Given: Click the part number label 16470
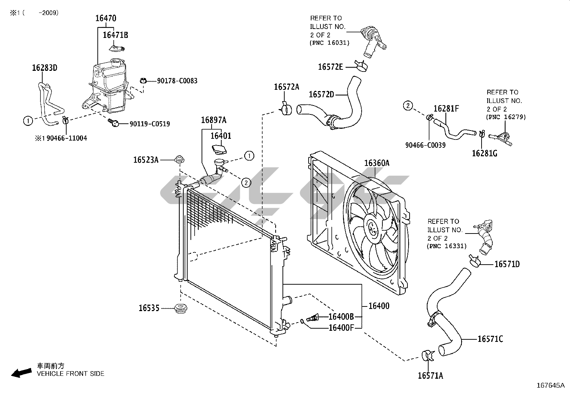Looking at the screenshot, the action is (x=106, y=18).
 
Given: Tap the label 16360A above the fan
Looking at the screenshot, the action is (x=377, y=163).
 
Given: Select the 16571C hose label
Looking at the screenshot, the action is (x=491, y=339).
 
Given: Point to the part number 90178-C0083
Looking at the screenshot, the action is (x=177, y=81).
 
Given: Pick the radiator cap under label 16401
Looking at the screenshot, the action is (x=219, y=149).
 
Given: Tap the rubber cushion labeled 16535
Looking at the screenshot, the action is (x=181, y=308).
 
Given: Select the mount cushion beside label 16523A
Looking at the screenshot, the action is (x=179, y=159).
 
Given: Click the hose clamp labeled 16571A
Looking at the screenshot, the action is (x=428, y=356).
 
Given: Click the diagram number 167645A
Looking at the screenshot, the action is (x=551, y=385).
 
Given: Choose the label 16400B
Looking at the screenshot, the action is (x=341, y=317).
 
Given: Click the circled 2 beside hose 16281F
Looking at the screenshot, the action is (x=408, y=105).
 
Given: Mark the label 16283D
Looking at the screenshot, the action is (x=45, y=68).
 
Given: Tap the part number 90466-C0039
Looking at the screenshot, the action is (x=425, y=145).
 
